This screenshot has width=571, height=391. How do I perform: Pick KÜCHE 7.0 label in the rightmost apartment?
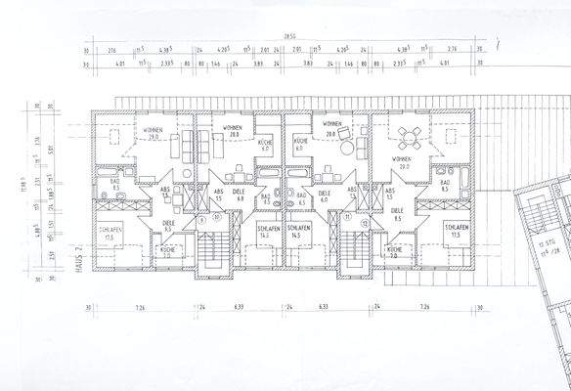(x=394, y=253)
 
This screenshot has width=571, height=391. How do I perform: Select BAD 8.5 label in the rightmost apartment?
(x=445, y=186)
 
